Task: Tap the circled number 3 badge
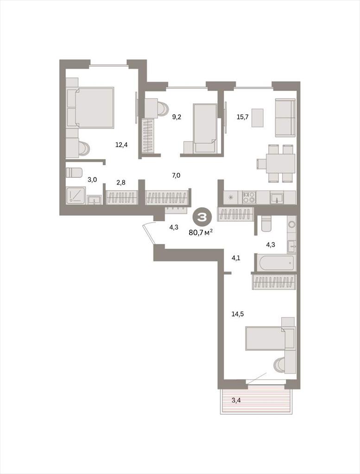[202, 217]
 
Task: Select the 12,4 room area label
[121, 145]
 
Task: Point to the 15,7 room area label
[242, 117]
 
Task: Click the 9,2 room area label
[177, 117]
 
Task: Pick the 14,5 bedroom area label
[238, 314]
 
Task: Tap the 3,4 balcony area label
[236, 401]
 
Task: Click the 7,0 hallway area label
[176, 175]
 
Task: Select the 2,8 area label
[121, 182]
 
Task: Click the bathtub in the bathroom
[276, 262]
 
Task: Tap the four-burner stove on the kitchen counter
[249, 197]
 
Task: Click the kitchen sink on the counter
[277, 198]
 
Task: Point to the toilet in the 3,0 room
[74, 173]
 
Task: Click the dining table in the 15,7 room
[280, 163]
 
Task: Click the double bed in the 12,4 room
[94, 107]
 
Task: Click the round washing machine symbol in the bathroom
[291, 225]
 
